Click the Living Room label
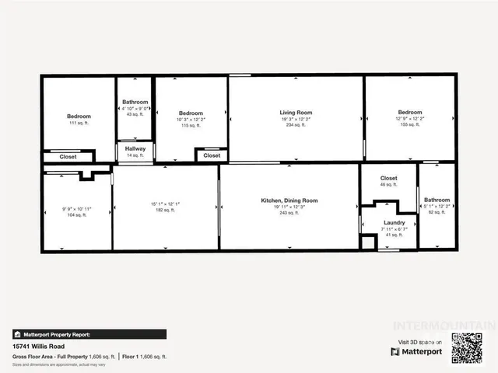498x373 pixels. click(296, 113)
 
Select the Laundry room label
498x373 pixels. click(393, 222)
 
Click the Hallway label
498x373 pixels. click(135, 148)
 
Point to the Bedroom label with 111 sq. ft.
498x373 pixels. click(79, 116)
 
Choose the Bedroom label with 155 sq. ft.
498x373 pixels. click(410, 113)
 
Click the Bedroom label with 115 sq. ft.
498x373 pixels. click(191, 113)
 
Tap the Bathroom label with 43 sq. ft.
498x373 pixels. click(135, 102)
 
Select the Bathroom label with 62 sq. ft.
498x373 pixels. click(437, 200)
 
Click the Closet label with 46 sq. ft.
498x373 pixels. click(388, 178)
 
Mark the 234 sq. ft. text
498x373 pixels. click(296, 125)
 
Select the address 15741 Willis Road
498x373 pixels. click(37, 347)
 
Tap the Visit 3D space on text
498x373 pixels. click(420, 342)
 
